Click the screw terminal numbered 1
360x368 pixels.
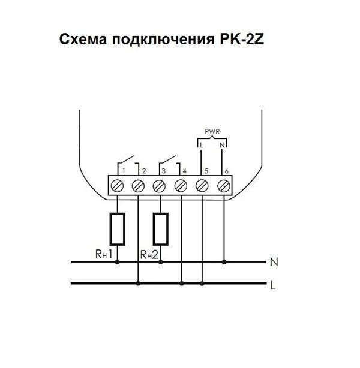pos(118,186)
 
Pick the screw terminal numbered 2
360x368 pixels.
pos(139,186)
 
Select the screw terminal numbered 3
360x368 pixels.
pos(160,186)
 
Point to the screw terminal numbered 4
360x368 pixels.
pos(181,186)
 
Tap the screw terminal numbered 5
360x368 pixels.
pos(202,186)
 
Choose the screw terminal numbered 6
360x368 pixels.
pos(223,186)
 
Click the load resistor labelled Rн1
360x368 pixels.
pos(118,228)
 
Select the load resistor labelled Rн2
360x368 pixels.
pos(160,228)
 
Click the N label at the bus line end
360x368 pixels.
pos(274,262)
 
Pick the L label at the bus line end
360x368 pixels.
pos(274,285)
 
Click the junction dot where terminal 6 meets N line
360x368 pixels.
pos(224,262)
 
